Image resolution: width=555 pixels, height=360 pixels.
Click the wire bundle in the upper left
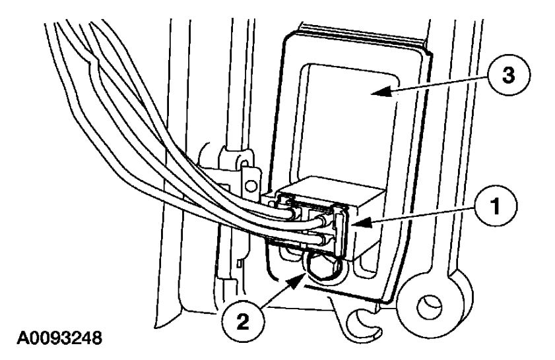[x=99, y=79]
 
